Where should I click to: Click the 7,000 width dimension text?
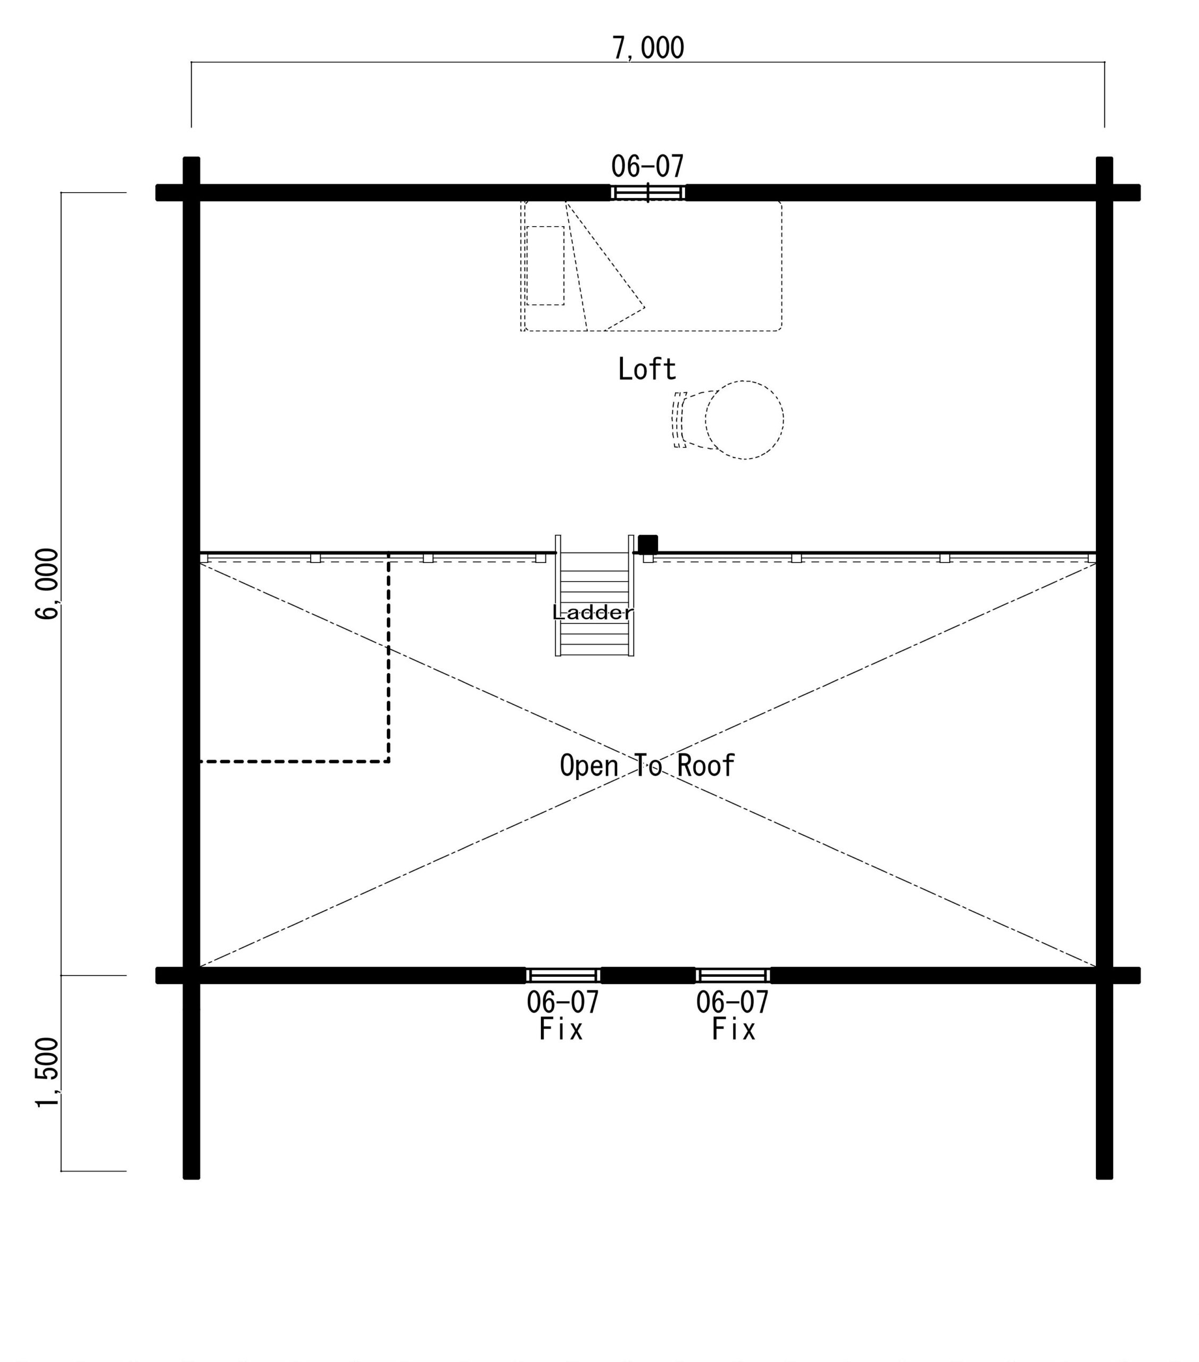click(647, 48)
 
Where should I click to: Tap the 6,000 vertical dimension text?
click(47, 584)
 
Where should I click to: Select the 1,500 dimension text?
click(47, 1073)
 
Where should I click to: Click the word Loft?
click(646, 369)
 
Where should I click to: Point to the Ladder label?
click(593, 612)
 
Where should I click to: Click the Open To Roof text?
click(647, 766)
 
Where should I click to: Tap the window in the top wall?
click(648, 193)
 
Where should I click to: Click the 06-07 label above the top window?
click(647, 166)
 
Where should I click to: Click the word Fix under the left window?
click(561, 1029)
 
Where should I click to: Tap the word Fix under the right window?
click(734, 1029)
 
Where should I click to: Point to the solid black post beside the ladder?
click(647, 544)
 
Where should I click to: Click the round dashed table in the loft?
click(744, 420)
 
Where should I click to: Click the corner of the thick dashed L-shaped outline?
click(388, 761)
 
